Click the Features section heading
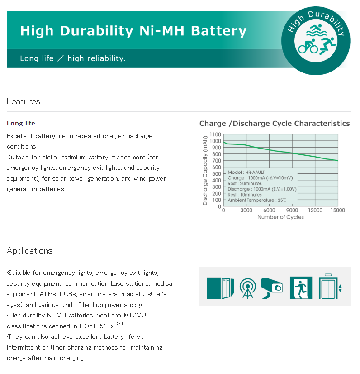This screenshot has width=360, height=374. (x=24, y=101)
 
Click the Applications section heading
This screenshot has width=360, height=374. (x=29, y=250)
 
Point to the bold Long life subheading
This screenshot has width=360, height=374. (x=21, y=123)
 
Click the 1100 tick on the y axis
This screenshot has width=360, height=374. (x=216, y=134)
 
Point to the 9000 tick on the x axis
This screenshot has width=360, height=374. (x=292, y=211)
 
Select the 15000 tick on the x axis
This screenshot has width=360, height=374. (x=337, y=211)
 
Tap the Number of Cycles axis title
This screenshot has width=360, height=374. (x=280, y=217)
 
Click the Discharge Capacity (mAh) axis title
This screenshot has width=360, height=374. (x=205, y=170)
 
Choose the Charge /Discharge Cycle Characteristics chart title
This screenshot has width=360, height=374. (x=275, y=123)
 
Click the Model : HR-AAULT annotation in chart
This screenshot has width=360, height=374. (x=246, y=173)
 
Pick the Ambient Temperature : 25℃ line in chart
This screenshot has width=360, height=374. (x=257, y=200)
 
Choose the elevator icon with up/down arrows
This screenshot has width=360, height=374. (x=330, y=287)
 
